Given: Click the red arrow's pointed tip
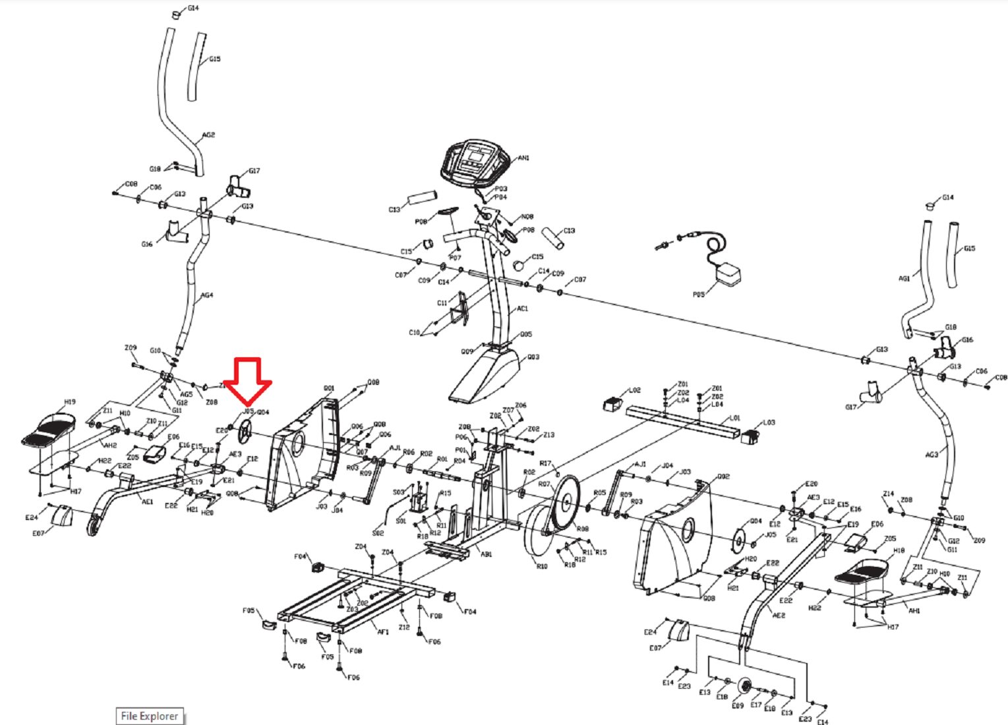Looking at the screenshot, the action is pos(248,403).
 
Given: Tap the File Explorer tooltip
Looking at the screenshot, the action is pos(150,716).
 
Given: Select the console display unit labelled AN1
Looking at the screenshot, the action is pos(475,161).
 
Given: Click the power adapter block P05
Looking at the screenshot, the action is pos(728,274).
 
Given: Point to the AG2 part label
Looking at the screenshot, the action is pos(208,135).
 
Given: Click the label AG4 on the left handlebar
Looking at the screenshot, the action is pos(207,295).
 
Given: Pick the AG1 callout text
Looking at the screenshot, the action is pos(904,278).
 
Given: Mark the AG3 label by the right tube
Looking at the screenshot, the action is pos(931,455).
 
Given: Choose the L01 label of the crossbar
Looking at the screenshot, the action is pos(735,418).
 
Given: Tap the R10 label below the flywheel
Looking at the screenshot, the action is pos(542,566).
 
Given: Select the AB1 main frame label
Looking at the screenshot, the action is pos(486,554).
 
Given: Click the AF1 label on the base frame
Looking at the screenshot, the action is pos(383,631).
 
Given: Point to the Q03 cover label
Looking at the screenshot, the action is pos(533,357).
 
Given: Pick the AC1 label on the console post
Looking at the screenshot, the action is pos(522,308).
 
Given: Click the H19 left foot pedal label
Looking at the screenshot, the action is pos(70,401).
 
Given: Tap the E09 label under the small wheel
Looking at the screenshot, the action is pos(738,706).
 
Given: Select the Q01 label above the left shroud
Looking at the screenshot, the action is pos(329,388).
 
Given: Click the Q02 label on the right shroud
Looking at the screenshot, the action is pos(724,476).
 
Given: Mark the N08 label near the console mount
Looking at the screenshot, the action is pos(527,217).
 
